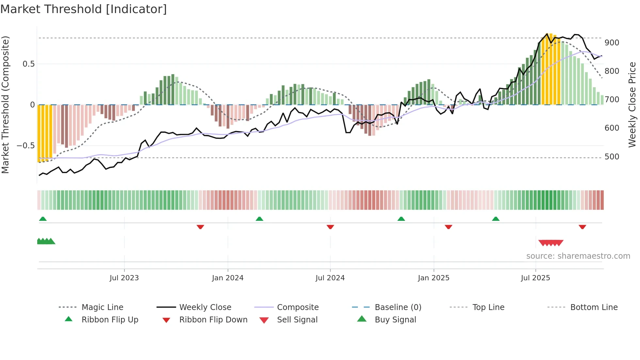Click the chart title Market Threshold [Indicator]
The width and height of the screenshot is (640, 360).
(84, 9)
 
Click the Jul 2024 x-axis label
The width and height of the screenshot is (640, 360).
(330, 278)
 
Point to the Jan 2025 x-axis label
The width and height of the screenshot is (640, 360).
(433, 278)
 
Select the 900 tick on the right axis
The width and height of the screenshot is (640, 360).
(612, 43)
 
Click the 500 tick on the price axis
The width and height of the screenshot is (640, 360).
(612, 157)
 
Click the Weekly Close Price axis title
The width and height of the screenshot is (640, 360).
(632, 105)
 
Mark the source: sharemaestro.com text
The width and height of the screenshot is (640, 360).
(578, 256)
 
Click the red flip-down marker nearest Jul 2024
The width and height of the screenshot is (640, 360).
(330, 227)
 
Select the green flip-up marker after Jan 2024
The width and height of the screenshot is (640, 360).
(259, 219)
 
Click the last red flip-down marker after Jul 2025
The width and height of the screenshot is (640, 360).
(582, 227)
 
